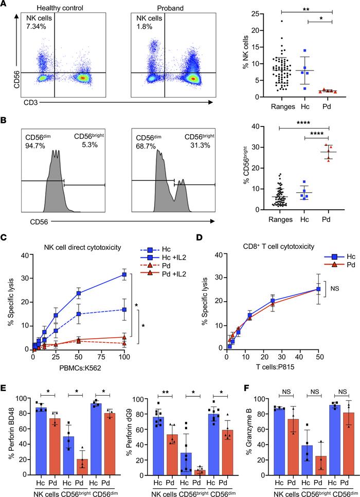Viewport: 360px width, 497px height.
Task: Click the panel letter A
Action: (5, 5)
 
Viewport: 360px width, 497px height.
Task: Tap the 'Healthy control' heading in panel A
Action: (48, 8)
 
